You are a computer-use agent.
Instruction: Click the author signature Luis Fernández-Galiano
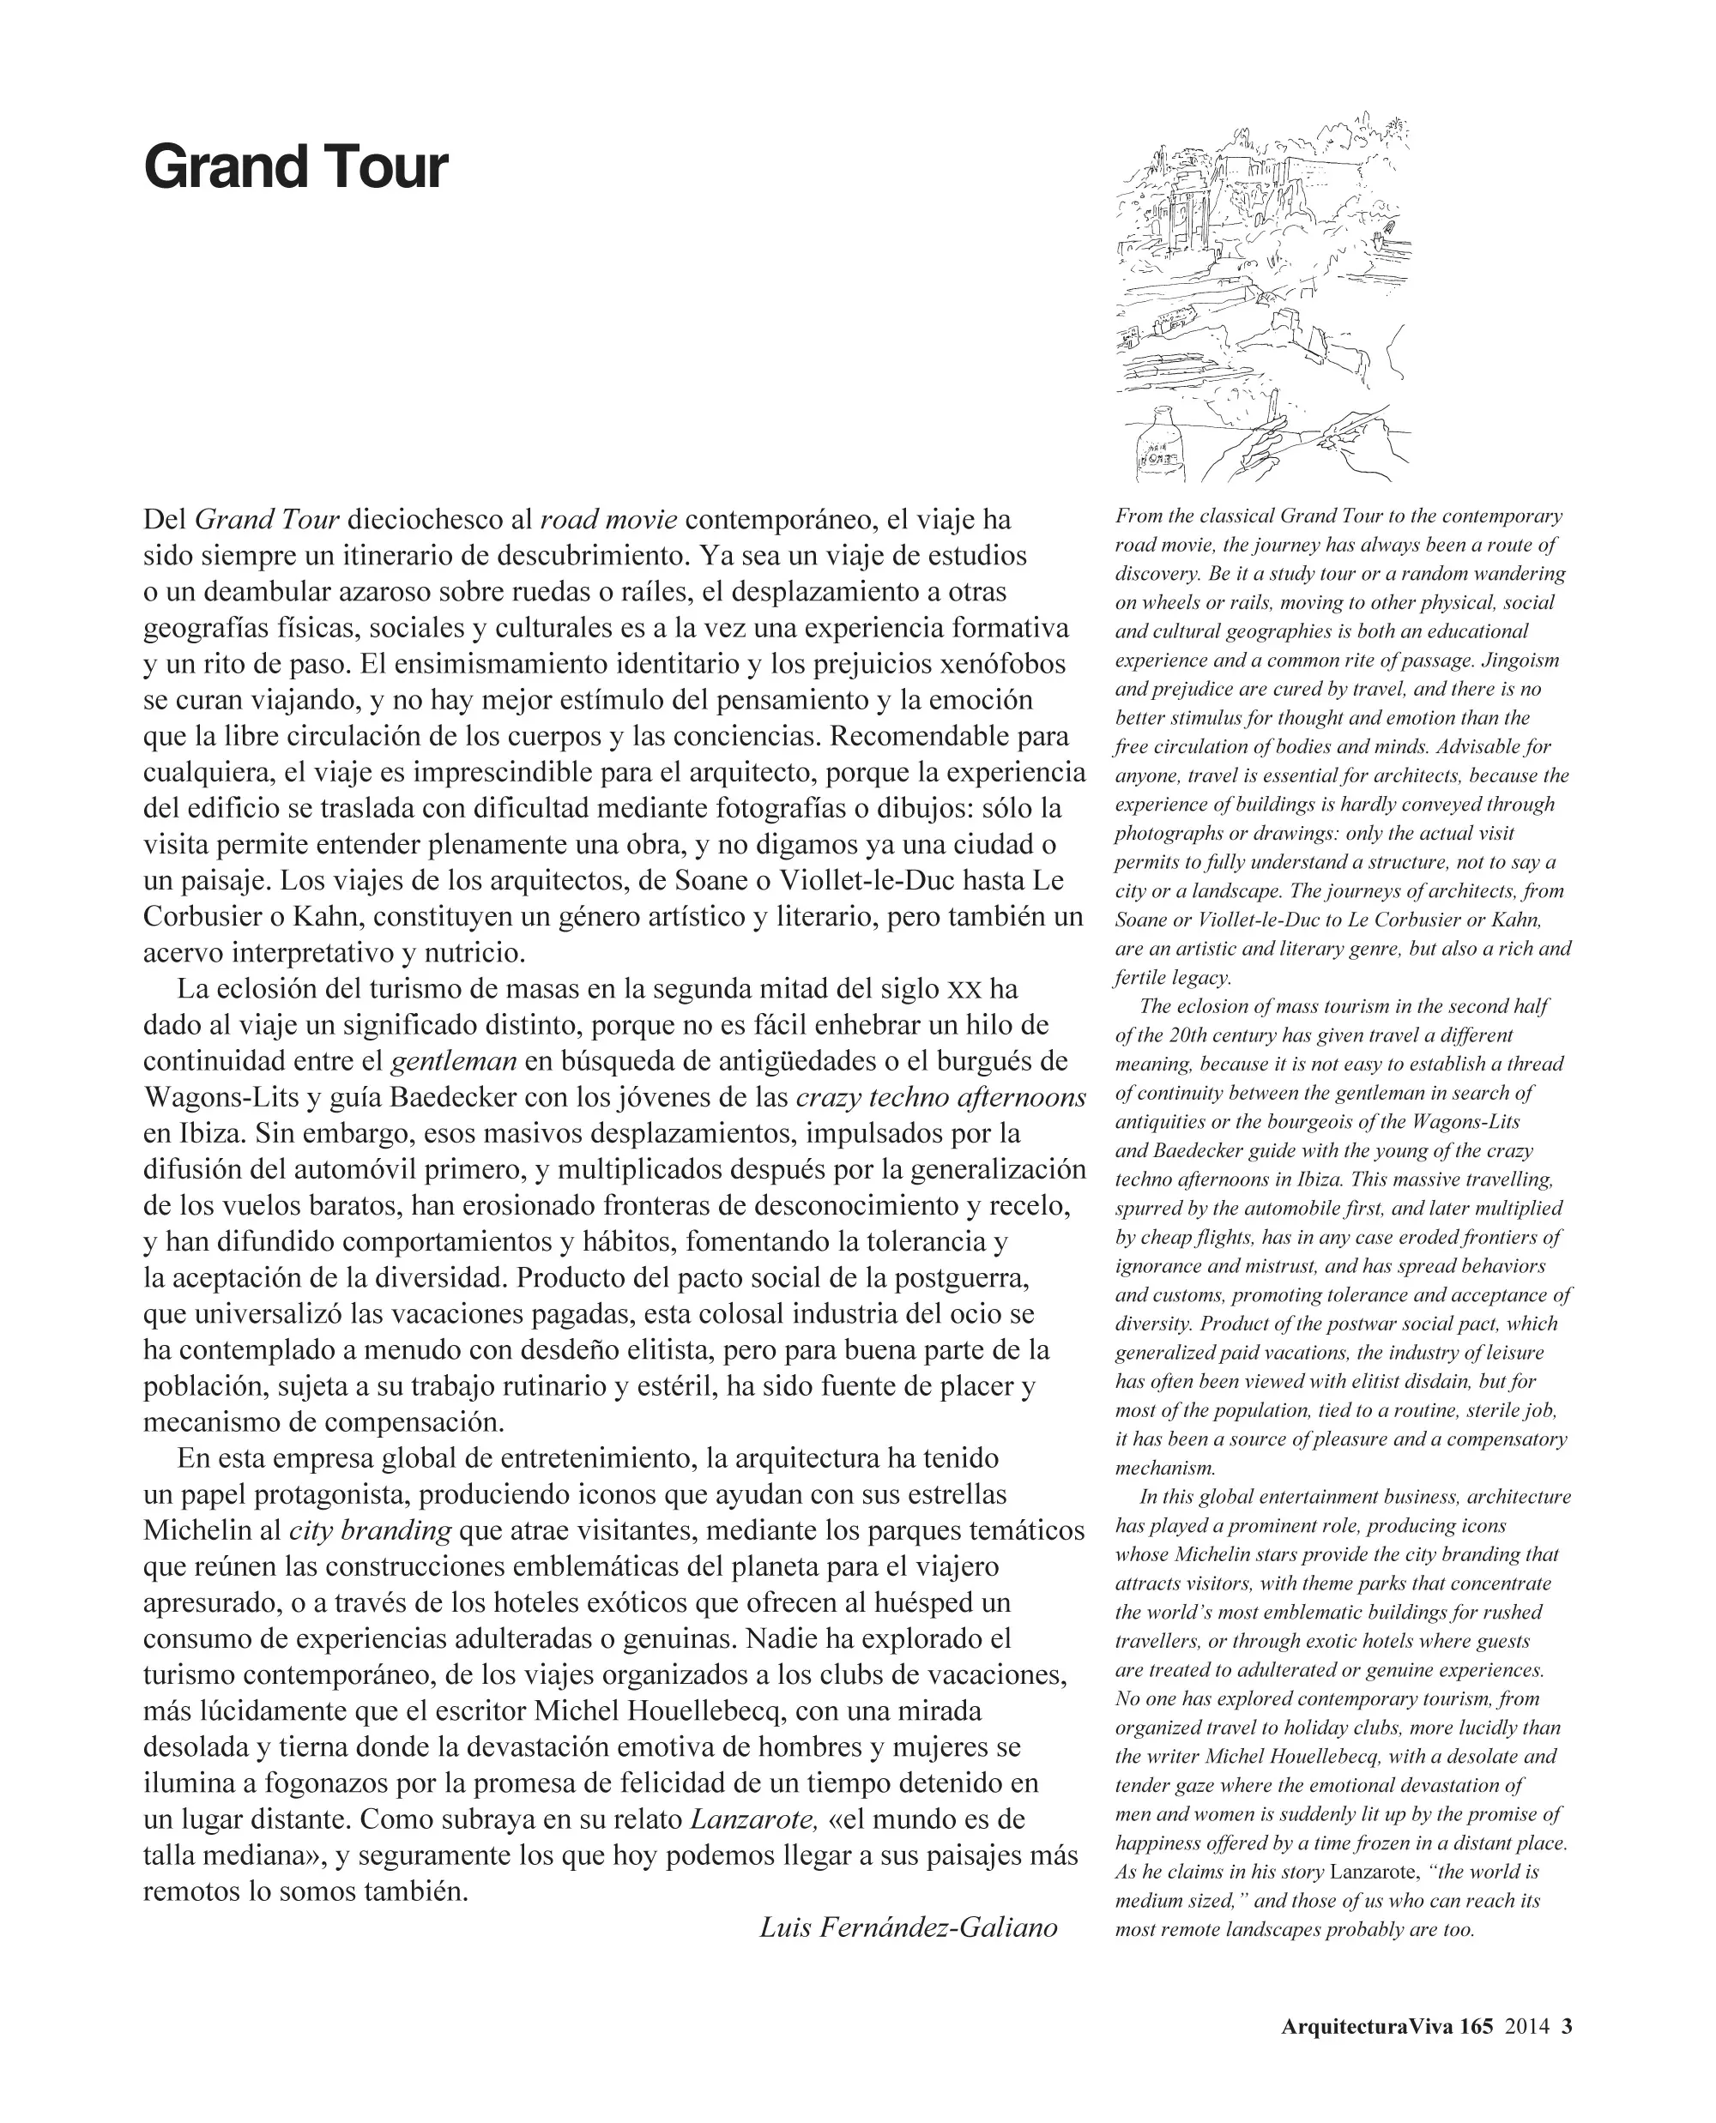pos(909,1927)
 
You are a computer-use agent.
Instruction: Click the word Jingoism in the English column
pos(1521,660)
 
